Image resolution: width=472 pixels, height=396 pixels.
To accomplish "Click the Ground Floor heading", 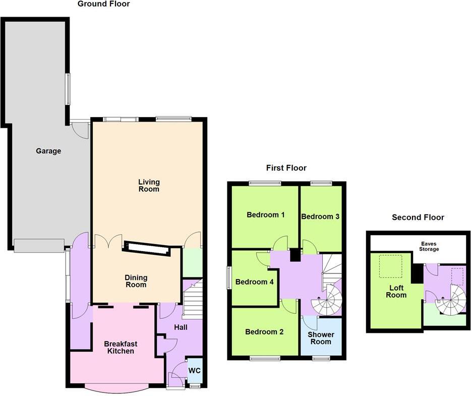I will click(103, 4).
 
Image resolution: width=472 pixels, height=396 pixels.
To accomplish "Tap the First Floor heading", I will click(286, 168).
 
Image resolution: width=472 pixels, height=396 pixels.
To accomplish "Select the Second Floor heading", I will click(418, 217).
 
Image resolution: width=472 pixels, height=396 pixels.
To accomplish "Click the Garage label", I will click(48, 151).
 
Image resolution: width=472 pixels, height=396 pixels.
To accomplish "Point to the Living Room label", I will click(149, 185).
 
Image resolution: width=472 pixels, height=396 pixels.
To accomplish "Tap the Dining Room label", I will click(136, 281).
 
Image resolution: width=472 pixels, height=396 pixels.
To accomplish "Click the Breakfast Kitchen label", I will click(121, 347).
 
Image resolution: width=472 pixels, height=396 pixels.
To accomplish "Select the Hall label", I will click(181, 327).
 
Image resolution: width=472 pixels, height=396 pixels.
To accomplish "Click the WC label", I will click(195, 370).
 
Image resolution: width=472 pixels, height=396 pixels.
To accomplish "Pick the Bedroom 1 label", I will click(266, 215).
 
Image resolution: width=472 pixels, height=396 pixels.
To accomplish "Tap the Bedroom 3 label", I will click(320, 216).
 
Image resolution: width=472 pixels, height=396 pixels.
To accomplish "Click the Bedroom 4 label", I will click(255, 282).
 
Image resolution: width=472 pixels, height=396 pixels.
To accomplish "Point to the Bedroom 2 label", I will click(264, 332).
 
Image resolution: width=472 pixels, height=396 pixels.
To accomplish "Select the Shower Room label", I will click(321, 338).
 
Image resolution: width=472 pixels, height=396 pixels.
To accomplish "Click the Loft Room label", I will click(396, 292).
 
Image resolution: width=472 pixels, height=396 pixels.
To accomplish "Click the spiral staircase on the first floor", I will click(325, 301).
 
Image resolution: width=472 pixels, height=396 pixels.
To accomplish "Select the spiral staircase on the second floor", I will click(450, 300).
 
